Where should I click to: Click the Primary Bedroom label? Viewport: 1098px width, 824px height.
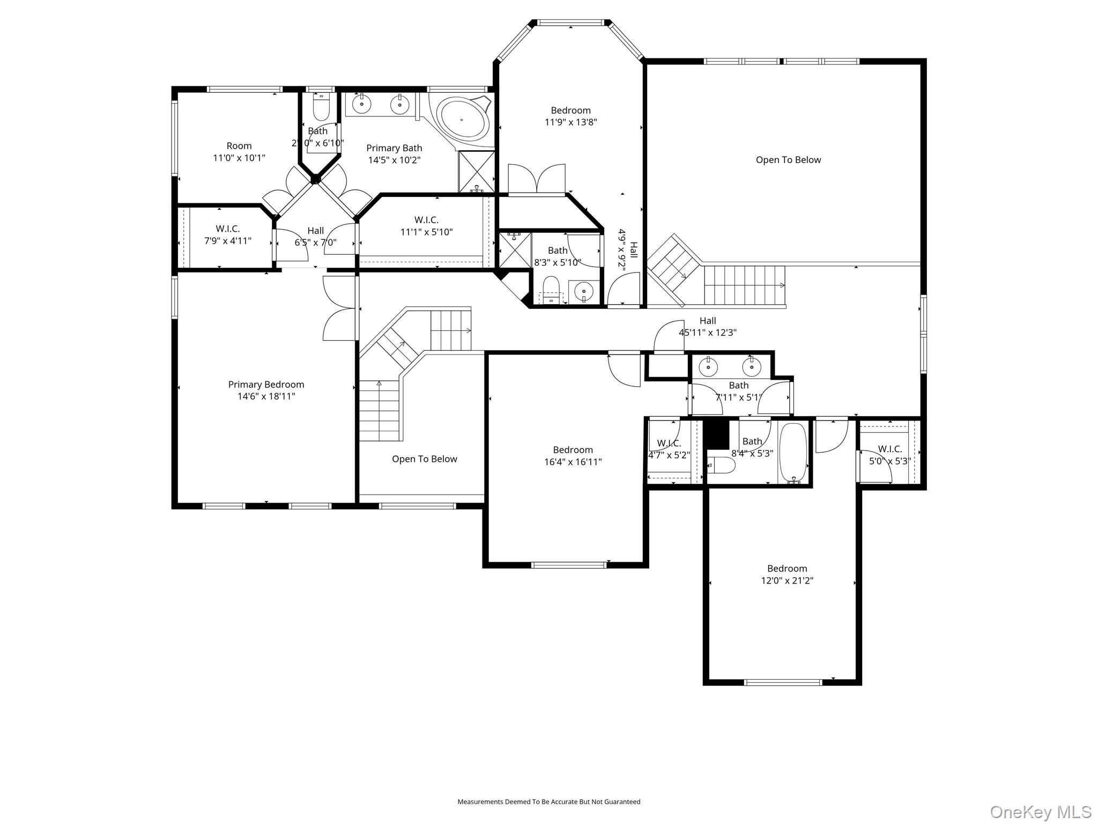tap(266, 385)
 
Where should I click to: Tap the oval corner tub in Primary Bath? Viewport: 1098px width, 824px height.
tap(463, 119)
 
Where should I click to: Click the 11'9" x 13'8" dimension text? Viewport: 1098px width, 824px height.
tap(570, 122)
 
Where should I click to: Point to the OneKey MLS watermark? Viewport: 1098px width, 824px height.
tap(1040, 812)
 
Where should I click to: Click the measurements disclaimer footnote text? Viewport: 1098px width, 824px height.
tap(548, 802)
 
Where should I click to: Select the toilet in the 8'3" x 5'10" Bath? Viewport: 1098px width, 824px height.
tap(551, 290)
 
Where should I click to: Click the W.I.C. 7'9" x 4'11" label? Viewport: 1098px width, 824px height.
tap(227, 235)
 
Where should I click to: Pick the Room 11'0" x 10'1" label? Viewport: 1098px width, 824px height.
tap(239, 152)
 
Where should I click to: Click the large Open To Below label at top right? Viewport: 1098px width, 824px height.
tap(788, 160)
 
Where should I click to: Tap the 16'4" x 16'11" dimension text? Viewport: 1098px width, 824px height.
tap(573, 462)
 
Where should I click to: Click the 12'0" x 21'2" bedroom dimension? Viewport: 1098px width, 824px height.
tap(787, 580)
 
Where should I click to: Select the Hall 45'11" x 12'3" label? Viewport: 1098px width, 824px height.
tap(708, 327)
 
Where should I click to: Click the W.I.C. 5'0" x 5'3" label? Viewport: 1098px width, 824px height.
tap(889, 455)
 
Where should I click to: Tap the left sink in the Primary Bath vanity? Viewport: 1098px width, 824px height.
tap(362, 104)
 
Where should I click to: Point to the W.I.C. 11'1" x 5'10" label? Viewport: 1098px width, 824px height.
tap(426, 226)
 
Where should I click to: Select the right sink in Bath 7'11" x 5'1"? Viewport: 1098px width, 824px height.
tap(751, 367)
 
